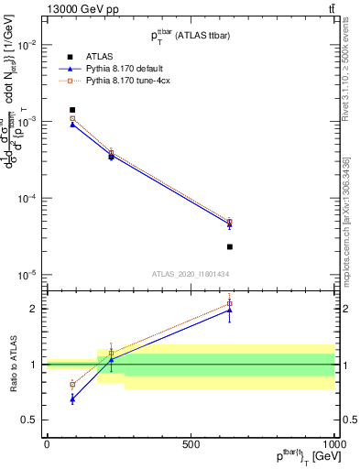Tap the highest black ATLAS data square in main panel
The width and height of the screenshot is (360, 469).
pyautogui.click(x=72, y=110)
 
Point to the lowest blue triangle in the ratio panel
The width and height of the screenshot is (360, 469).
pyautogui.click(x=72, y=398)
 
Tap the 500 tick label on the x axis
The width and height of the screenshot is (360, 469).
pyautogui.click(x=191, y=442)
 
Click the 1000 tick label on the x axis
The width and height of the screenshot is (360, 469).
pyautogui.click(x=333, y=442)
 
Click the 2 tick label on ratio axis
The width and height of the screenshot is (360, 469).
pyautogui.click(x=35, y=309)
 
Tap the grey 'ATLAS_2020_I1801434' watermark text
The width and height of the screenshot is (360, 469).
pyautogui.click(x=190, y=274)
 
